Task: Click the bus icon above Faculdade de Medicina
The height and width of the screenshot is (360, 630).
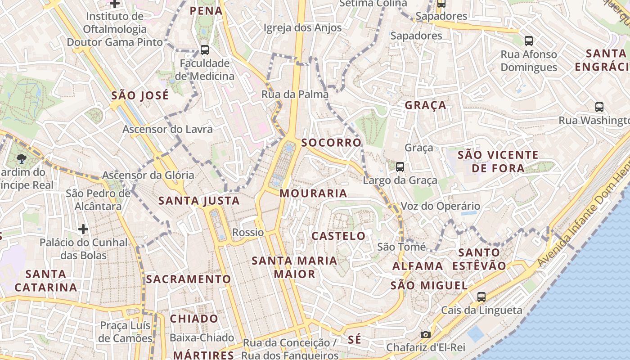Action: click(x=205, y=49)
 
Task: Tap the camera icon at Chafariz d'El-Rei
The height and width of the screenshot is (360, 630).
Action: click(x=425, y=334)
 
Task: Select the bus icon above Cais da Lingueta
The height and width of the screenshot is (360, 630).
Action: click(x=481, y=297)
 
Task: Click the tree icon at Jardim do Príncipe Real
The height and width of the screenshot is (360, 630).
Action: click(x=21, y=158)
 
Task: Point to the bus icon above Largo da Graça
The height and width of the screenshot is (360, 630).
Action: click(x=400, y=167)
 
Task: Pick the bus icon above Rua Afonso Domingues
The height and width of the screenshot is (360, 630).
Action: click(x=529, y=40)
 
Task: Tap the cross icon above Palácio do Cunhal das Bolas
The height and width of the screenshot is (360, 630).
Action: click(x=83, y=229)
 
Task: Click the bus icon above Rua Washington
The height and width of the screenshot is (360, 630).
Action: click(x=599, y=107)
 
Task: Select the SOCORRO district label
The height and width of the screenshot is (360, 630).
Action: click(x=331, y=143)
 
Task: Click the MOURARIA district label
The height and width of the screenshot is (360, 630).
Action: click(x=313, y=193)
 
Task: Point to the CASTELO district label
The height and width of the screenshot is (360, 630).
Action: click(x=338, y=236)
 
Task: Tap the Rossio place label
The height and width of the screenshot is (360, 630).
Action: click(x=248, y=232)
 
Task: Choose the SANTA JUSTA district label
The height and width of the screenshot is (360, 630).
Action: click(x=198, y=201)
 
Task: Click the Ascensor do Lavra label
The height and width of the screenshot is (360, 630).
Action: click(x=167, y=129)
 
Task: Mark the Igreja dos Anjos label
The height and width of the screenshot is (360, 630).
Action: click(x=302, y=27)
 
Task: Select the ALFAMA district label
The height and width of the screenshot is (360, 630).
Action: click(x=418, y=266)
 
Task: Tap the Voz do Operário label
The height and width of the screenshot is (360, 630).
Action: click(x=440, y=206)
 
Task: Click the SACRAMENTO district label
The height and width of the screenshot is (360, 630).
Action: click(x=188, y=279)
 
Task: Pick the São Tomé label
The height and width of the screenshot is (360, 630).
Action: click(x=401, y=247)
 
